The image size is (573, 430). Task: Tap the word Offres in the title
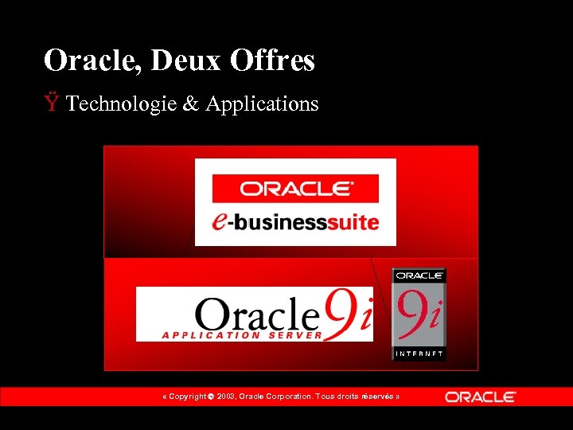pos(273,61)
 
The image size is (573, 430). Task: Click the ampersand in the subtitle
pos(191,104)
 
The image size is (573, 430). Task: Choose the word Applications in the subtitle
pos(262,104)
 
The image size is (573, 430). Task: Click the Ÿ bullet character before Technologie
pos(52,103)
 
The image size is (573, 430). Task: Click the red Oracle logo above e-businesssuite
pos(295,189)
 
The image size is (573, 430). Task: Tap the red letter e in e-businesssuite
pos(221,220)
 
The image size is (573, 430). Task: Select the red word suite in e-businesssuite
pos(356,222)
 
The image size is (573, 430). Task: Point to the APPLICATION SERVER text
pos(242,335)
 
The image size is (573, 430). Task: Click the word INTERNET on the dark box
pos(419,353)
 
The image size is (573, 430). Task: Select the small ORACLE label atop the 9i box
pos(419,276)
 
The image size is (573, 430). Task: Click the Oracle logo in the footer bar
pos(480,397)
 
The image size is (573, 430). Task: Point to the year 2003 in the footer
pos(228,397)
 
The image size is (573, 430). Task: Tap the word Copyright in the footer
pos(189,397)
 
